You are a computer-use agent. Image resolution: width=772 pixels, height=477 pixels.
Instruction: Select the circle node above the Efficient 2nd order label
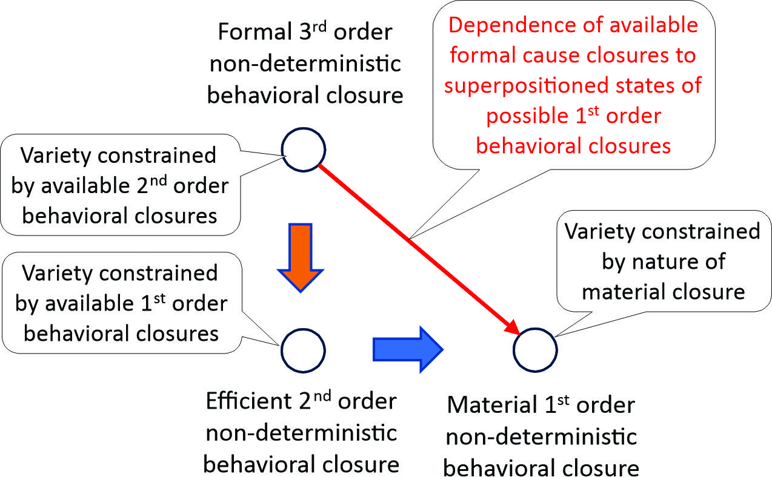(303, 349)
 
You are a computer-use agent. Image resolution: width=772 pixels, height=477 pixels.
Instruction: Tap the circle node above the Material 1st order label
(535, 350)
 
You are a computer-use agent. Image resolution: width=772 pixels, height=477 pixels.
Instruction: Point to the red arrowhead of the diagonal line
(511, 327)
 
